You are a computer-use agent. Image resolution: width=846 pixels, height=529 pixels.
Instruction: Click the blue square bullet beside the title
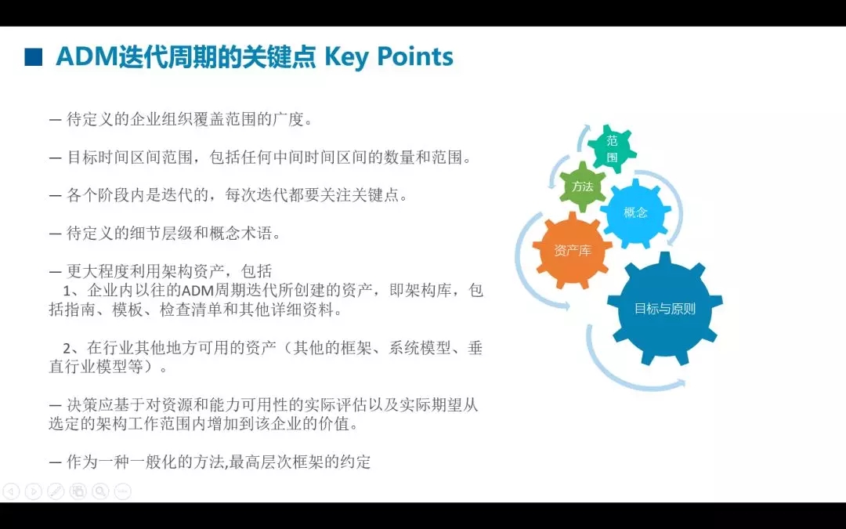pos(33,57)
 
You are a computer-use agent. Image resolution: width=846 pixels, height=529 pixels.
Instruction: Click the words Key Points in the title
pos(389,57)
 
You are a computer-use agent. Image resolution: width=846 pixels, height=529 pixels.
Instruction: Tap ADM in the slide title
pos(86,57)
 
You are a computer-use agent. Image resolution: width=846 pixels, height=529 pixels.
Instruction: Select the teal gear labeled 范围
pos(612,149)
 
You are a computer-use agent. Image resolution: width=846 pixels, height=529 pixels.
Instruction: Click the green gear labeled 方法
pos(582,187)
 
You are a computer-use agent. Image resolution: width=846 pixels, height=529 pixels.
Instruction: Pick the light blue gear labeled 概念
pos(635,212)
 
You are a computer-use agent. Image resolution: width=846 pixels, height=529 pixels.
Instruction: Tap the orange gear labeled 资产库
pos(573,250)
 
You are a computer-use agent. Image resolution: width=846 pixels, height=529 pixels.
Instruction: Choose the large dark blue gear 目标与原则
pos(665,309)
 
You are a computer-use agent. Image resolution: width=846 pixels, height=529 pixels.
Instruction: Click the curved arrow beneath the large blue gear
pos(626,375)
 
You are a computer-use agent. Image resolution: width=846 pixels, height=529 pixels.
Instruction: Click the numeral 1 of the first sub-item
pos(67,291)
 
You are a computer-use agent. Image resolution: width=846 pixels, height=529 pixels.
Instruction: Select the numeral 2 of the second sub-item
pos(67,348)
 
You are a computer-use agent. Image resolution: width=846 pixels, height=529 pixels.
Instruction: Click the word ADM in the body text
pos(197,291)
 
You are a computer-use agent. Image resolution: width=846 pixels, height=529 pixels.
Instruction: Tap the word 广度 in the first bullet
pos(288,119)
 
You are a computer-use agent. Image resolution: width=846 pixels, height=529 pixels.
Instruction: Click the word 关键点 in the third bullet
pos(376,195)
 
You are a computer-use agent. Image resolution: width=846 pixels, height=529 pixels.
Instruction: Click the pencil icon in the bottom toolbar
pos(56,491)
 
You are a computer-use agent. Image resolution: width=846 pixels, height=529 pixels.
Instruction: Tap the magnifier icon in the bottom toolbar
pos(100,491)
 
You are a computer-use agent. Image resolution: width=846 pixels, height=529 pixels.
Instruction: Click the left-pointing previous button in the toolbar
pos(11,491)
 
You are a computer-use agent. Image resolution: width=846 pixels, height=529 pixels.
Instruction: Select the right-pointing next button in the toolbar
pos(34,491)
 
